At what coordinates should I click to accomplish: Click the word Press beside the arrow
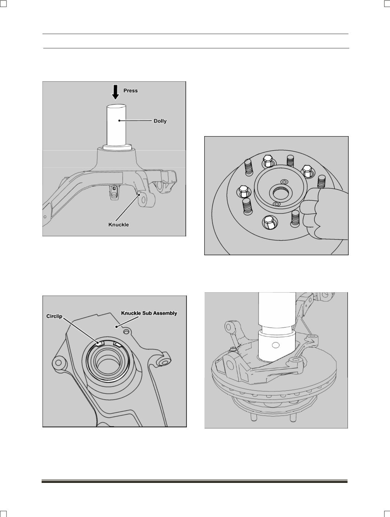(x=131, y=91)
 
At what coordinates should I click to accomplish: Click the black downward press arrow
(x=115, y=92)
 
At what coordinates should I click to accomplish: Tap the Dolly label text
(x=160, y=121)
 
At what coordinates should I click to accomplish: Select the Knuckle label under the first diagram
(x=119, y=225)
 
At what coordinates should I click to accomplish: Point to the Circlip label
(x=54, y=316)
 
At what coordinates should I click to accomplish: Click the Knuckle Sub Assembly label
(x=149, y=313)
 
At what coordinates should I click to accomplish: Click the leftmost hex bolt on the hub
(x=243, y=191)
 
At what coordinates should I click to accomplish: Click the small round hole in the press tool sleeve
(x=276, y=346)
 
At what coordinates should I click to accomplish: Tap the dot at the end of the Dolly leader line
(x=120, y=121)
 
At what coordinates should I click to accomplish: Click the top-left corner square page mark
(x=3, y=3)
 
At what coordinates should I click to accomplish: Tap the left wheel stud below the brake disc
(x=254, y=417)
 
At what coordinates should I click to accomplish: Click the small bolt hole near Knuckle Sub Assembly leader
(x=126, y=331)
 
